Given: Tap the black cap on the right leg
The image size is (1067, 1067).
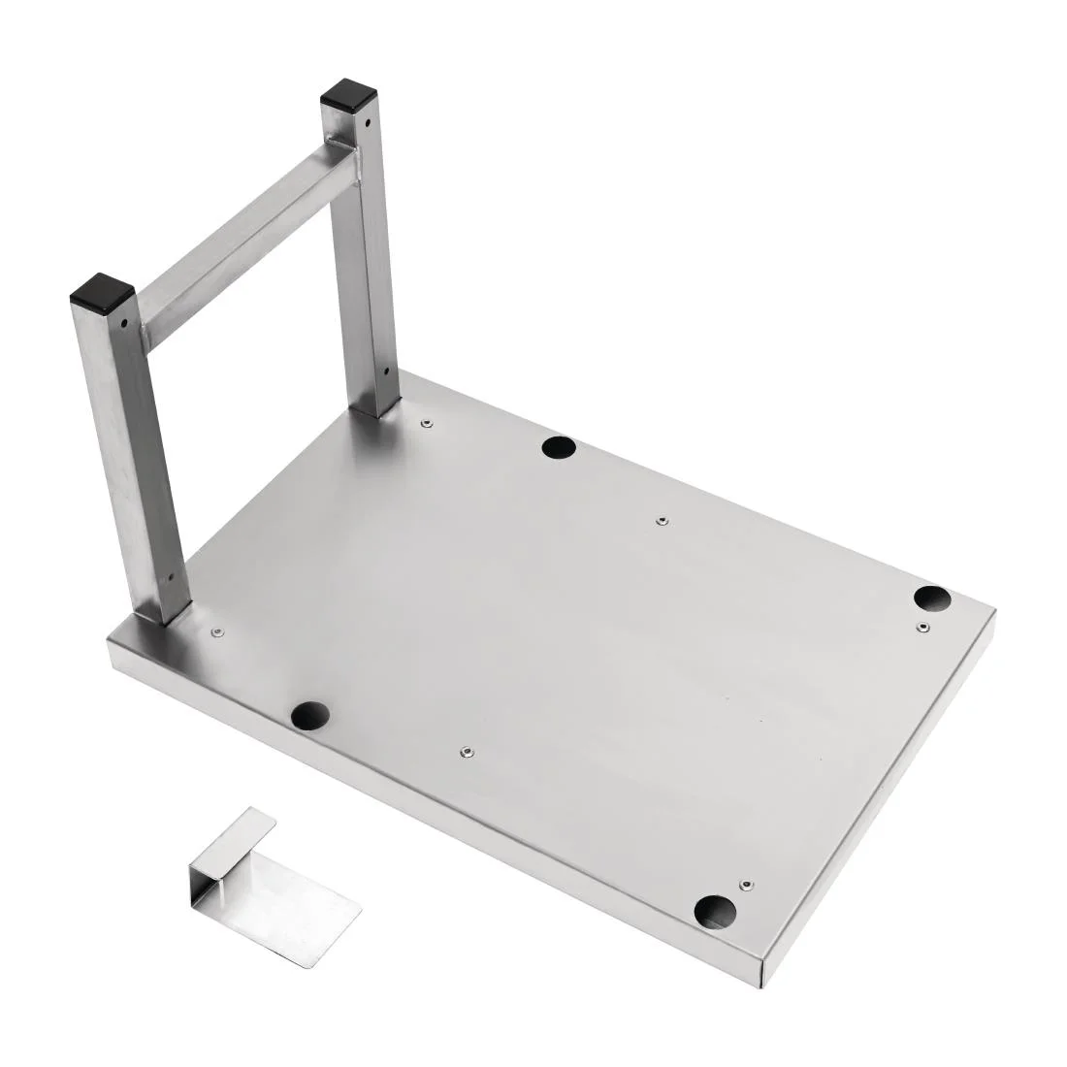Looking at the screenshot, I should [x=349, y=95].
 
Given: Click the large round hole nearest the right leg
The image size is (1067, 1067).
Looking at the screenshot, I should [x=558, y=447].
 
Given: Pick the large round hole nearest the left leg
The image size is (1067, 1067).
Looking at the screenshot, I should [x=310, y=716].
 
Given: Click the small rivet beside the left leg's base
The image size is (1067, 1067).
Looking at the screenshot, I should [x=216, y=632].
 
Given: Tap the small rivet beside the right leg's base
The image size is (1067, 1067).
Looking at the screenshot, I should [x=425, y=423].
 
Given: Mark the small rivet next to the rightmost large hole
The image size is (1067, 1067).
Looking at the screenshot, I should [x=922, y=628].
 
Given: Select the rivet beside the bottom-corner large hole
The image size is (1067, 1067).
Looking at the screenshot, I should [x=745, y=885].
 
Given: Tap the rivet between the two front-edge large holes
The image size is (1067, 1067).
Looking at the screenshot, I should [x=466, y=750].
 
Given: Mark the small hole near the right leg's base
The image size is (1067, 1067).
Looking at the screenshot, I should [x=385, y=370].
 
